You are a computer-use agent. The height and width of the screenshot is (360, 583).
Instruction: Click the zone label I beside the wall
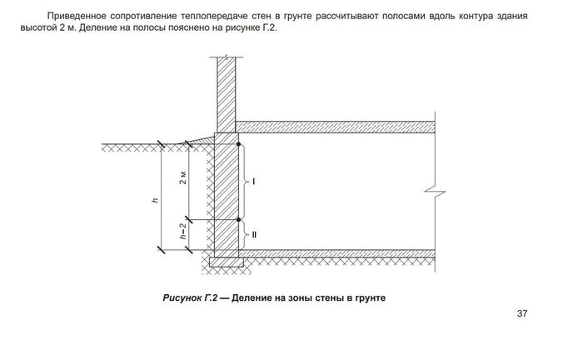254,182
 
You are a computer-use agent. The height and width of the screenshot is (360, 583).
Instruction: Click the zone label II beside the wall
254,235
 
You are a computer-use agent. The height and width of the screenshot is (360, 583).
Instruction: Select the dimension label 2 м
183,178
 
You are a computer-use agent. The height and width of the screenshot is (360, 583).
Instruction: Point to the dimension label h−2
182,231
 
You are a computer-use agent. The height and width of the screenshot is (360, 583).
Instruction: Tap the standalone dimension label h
156,200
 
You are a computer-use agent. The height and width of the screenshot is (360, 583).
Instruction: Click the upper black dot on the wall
239,144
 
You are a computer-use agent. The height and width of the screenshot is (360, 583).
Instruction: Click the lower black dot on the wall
239,220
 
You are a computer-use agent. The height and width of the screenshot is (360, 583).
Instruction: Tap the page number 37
522,313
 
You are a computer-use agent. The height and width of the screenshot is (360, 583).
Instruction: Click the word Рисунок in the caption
182,297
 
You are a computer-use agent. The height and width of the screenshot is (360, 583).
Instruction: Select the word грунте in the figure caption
371,297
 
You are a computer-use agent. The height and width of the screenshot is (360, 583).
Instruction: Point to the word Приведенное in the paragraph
77,17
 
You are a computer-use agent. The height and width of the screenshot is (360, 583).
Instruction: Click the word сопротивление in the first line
143,17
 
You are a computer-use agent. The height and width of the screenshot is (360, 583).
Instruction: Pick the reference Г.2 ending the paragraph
269,28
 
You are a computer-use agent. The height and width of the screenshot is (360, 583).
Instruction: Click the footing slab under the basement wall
227,262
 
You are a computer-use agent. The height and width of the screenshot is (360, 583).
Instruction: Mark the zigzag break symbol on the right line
435,192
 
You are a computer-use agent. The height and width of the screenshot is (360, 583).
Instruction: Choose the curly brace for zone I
244,182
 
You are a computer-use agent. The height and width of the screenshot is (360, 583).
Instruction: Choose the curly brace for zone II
244,235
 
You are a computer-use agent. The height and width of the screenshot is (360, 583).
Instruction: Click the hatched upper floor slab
335,127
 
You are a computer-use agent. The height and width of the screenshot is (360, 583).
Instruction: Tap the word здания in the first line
511,17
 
